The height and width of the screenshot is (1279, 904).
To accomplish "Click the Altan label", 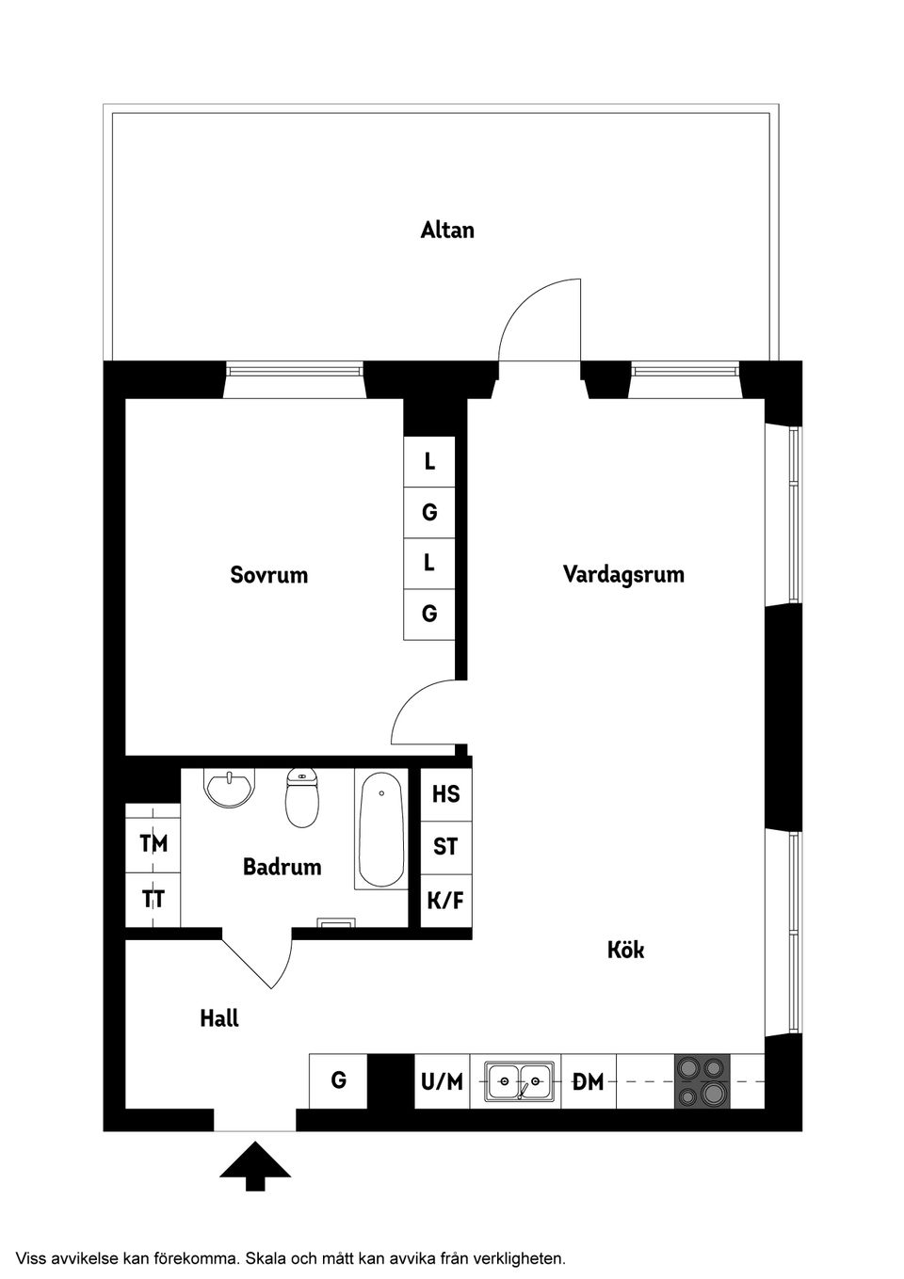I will [447, 230].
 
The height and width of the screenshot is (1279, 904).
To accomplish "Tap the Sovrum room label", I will [269, 574].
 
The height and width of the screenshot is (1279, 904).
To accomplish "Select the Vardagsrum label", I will [623, 573].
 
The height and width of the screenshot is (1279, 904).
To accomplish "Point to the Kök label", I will [626, 950].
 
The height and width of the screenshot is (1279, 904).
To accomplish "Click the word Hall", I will [219, 1018].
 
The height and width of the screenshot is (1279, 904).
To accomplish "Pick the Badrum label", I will [282, 866].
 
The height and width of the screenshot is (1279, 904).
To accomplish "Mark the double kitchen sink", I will [519, 1081].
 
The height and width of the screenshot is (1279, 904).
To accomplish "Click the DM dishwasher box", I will [589, 1081].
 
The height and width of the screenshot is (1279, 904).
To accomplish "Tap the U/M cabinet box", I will [442, 1081].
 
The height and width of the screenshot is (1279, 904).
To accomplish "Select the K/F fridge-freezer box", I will [445, 901].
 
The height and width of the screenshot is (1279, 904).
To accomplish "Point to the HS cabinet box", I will [445, 793].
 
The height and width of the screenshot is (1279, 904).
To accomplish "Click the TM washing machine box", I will [153, 843].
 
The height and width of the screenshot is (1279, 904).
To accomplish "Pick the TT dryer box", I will [153, 899].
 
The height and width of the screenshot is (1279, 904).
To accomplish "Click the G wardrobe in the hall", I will [338, 1079].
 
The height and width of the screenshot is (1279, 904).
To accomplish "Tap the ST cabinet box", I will [445, 847].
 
